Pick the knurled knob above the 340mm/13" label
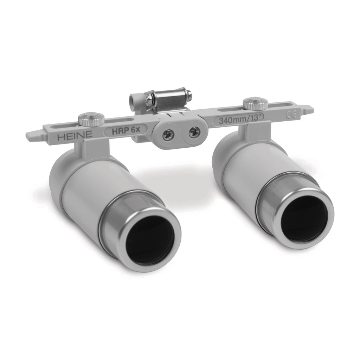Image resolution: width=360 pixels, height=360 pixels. click(255, 103)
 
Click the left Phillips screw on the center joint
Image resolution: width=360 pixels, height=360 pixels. click(168, 134)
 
